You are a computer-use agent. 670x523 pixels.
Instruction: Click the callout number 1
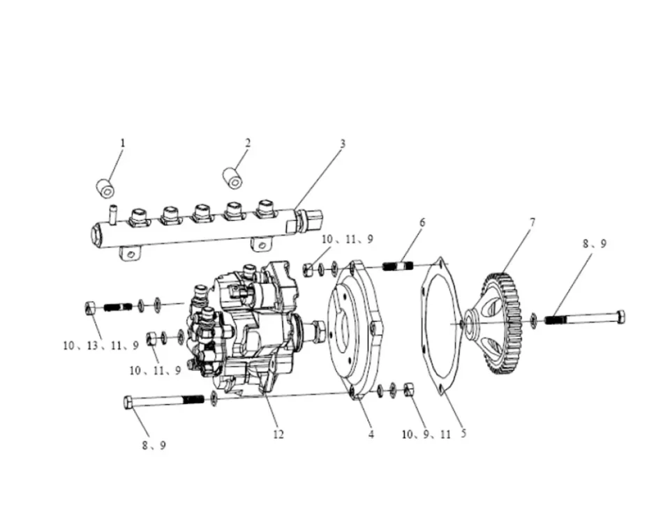click(x=123, y=142)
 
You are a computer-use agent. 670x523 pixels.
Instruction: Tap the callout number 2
click(x=248, y=142)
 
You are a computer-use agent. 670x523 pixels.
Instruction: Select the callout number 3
click(x=342, y=144)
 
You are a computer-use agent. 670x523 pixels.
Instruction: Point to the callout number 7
click(x=533, y=222)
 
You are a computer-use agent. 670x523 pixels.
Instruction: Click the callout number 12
click(x=278, y=434)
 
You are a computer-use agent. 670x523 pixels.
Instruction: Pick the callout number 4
click(x=371, y=434)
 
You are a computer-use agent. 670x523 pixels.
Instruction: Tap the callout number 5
click(x=463, y=434)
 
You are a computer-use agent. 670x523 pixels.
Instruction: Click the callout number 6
click(x=423, y=222)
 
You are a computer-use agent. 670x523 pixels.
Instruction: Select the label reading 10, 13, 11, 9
click(x=101, y=345)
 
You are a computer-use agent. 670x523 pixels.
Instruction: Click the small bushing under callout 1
click(x=105, y=189)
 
